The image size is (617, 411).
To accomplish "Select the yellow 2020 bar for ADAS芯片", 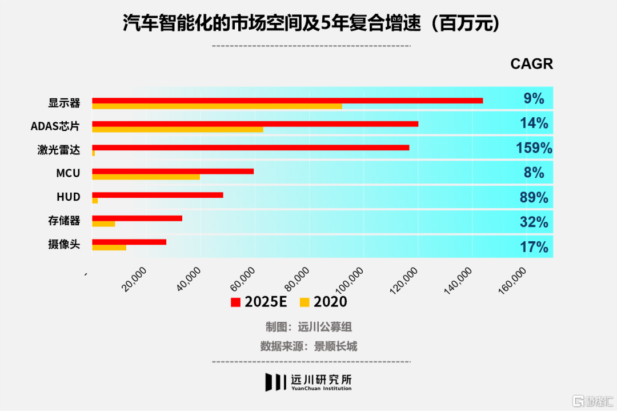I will tap(178, 130).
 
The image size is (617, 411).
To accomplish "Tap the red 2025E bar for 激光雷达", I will tap(251, 147).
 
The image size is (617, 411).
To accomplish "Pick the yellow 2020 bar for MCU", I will tap(146, 177).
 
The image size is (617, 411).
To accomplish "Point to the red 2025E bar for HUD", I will tap(158, 195).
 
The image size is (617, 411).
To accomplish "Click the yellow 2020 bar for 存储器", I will tap(103, 224).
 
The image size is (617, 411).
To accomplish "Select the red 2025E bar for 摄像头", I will tap(129, 242).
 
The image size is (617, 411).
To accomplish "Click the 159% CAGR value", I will tap(534, 149).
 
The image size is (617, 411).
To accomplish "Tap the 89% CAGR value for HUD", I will tap(534, 198).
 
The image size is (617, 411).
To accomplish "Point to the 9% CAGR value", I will tap(534, 99).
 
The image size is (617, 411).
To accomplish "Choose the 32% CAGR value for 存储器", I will tap(534, 222).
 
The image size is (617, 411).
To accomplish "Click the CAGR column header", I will tap(531, 64).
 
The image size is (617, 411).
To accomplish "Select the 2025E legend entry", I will tap(259, 302).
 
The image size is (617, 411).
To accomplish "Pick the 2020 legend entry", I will tap(323, 302).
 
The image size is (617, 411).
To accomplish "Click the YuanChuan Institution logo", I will tap(308, 382).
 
